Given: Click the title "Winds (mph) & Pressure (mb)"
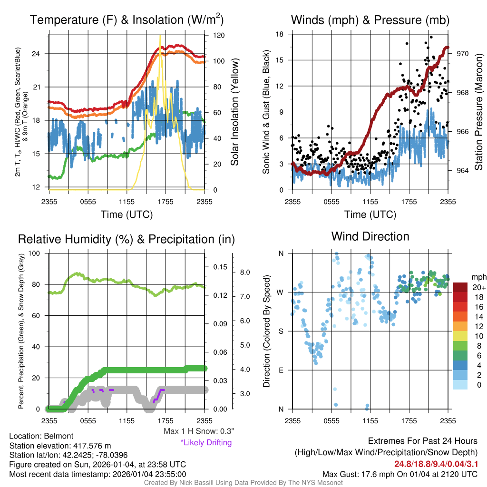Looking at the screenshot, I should [370, 20].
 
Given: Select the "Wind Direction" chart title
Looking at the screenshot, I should [370, 236].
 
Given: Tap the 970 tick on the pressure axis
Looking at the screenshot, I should [463, 54].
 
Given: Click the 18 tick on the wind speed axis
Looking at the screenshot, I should [280, 34].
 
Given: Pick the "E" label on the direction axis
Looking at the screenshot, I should [281, 370].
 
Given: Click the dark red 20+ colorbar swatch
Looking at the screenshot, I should [461, 288].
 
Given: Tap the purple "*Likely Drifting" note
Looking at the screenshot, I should [206, 442].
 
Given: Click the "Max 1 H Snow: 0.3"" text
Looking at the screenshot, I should [198, 431].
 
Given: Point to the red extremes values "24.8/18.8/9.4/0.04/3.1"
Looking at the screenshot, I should [435, 464].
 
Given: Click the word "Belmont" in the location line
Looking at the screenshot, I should [58, 436].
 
